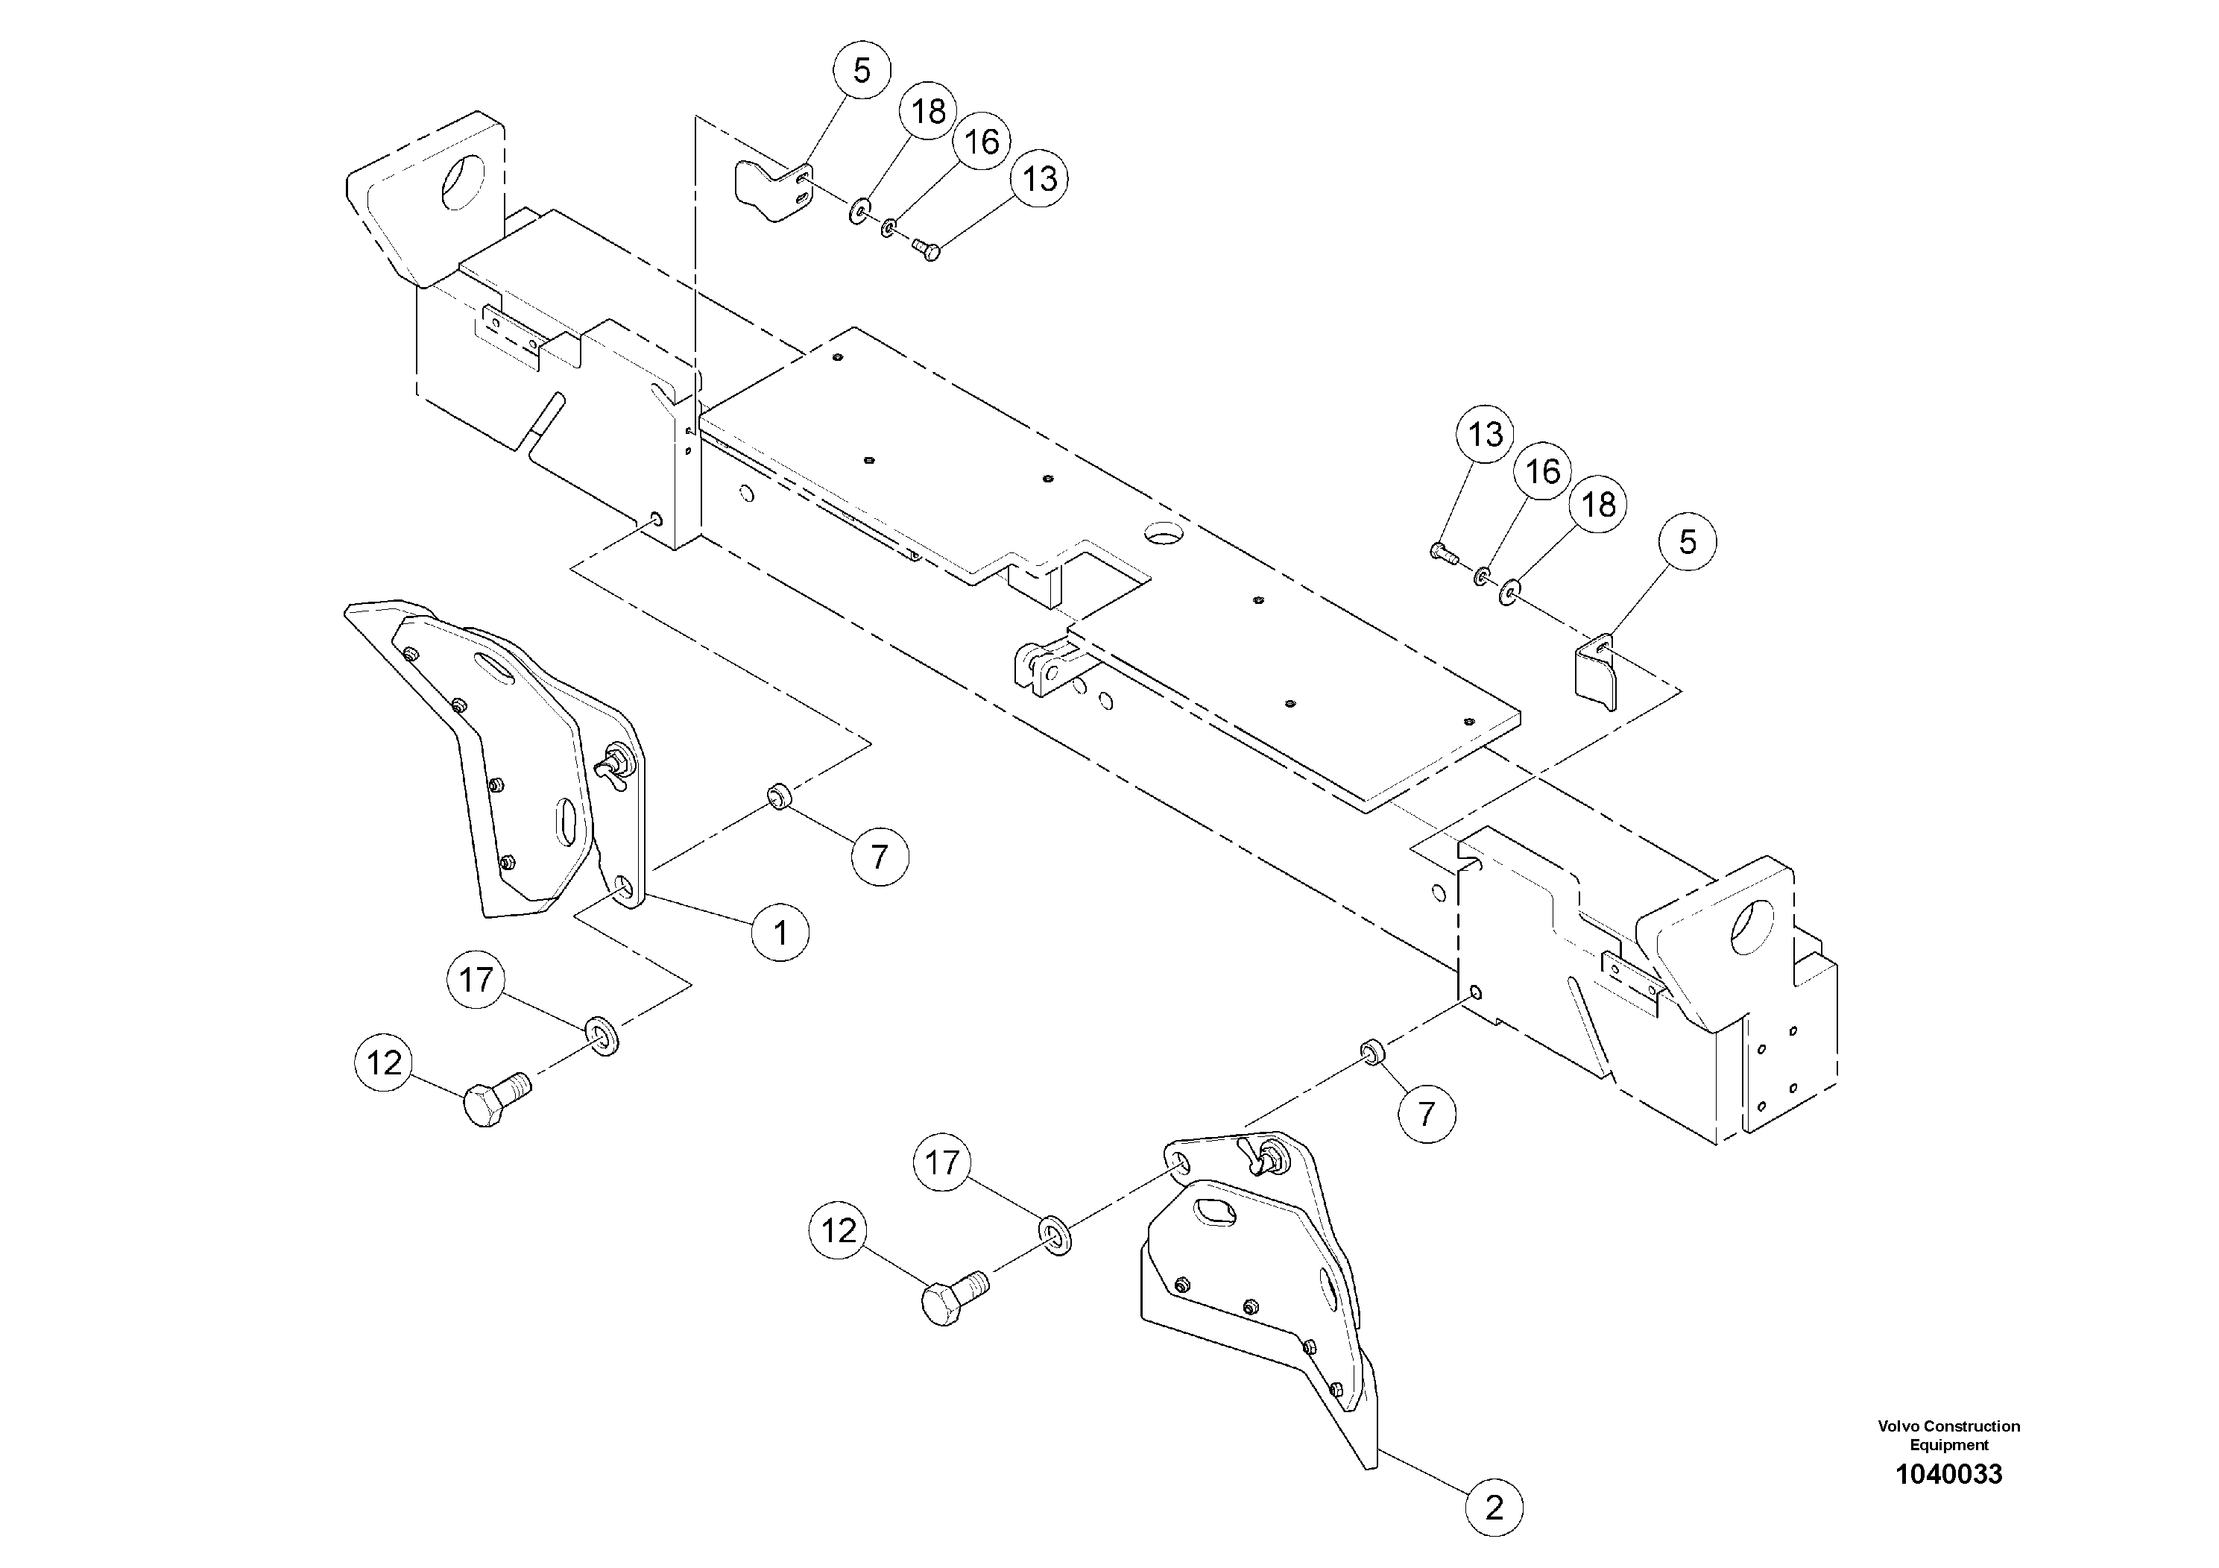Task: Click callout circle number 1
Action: tap(780, 932)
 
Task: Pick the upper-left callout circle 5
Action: tap(861, 71)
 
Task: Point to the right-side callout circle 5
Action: tap(1688, 541)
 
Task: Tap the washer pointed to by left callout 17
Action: tap(604, 1036)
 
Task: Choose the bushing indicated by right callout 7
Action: tap(1371, 1050)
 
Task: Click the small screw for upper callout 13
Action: tap(926, 251)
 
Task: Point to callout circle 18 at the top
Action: tap(928, 112)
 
